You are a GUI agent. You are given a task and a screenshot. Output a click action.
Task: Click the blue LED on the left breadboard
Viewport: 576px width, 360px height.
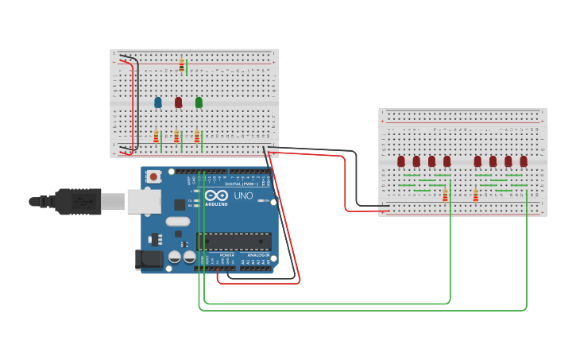(x=158, y=103)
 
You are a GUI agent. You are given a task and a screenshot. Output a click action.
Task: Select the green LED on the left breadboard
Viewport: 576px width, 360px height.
(x=199, y=102)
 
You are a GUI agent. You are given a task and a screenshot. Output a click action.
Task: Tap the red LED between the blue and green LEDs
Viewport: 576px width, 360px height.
(x=178, y=103)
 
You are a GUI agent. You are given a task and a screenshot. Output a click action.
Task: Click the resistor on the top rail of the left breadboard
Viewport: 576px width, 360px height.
(x=181, y=65)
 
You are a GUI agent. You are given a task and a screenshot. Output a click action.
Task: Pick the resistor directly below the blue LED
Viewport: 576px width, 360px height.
(x=157, y=137)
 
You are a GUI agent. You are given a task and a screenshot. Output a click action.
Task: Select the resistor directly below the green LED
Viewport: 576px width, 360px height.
(x=197, y=137)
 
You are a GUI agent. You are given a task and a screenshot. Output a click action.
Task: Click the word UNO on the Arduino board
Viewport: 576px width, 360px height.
(x=242, y=195)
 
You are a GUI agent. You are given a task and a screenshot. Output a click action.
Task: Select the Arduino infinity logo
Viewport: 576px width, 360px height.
(x=216, y=195)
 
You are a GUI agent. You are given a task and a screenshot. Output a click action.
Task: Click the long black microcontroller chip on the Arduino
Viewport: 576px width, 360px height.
(x=234, y=241)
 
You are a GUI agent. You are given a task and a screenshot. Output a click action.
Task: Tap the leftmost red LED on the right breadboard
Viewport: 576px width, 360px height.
(x=401, y=161)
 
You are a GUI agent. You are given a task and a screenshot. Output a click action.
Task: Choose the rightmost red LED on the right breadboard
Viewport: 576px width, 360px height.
(x=524, y=161)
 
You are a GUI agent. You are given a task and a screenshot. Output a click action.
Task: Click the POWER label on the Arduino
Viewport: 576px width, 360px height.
(x=216, y=255)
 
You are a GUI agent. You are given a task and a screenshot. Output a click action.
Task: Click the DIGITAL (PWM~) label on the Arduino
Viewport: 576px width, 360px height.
(x=233, y=184)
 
